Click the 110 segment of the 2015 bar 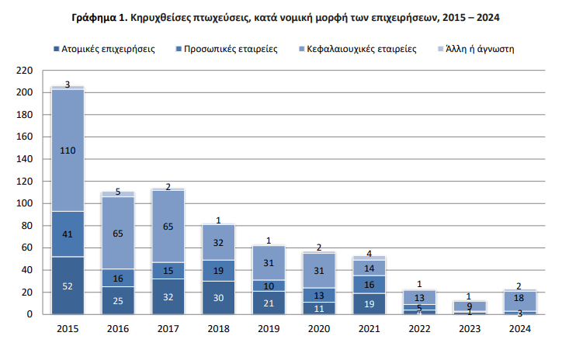coord(68,151)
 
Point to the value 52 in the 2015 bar coord(68,286)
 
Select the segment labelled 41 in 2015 coord(68,234)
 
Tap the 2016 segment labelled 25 coord(117,300)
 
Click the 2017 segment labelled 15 coord(168,270)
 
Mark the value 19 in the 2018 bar coord(217,271)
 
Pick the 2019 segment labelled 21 coord(267,303)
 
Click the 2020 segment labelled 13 coord(317,295)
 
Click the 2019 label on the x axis coord(267,329)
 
